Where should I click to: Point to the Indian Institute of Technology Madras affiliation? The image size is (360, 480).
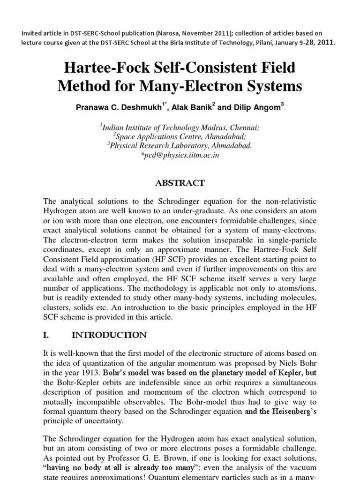[x=180, y=127]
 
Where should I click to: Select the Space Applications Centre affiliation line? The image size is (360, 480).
[x=180, y=136]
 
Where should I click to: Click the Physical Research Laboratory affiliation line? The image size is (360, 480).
[x=180, y=146]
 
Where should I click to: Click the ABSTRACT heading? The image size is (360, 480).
[x=180, y=184]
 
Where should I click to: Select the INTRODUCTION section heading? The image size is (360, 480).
[x=109, y=335]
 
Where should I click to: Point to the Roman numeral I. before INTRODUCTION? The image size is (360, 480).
[x=47, y=335]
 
